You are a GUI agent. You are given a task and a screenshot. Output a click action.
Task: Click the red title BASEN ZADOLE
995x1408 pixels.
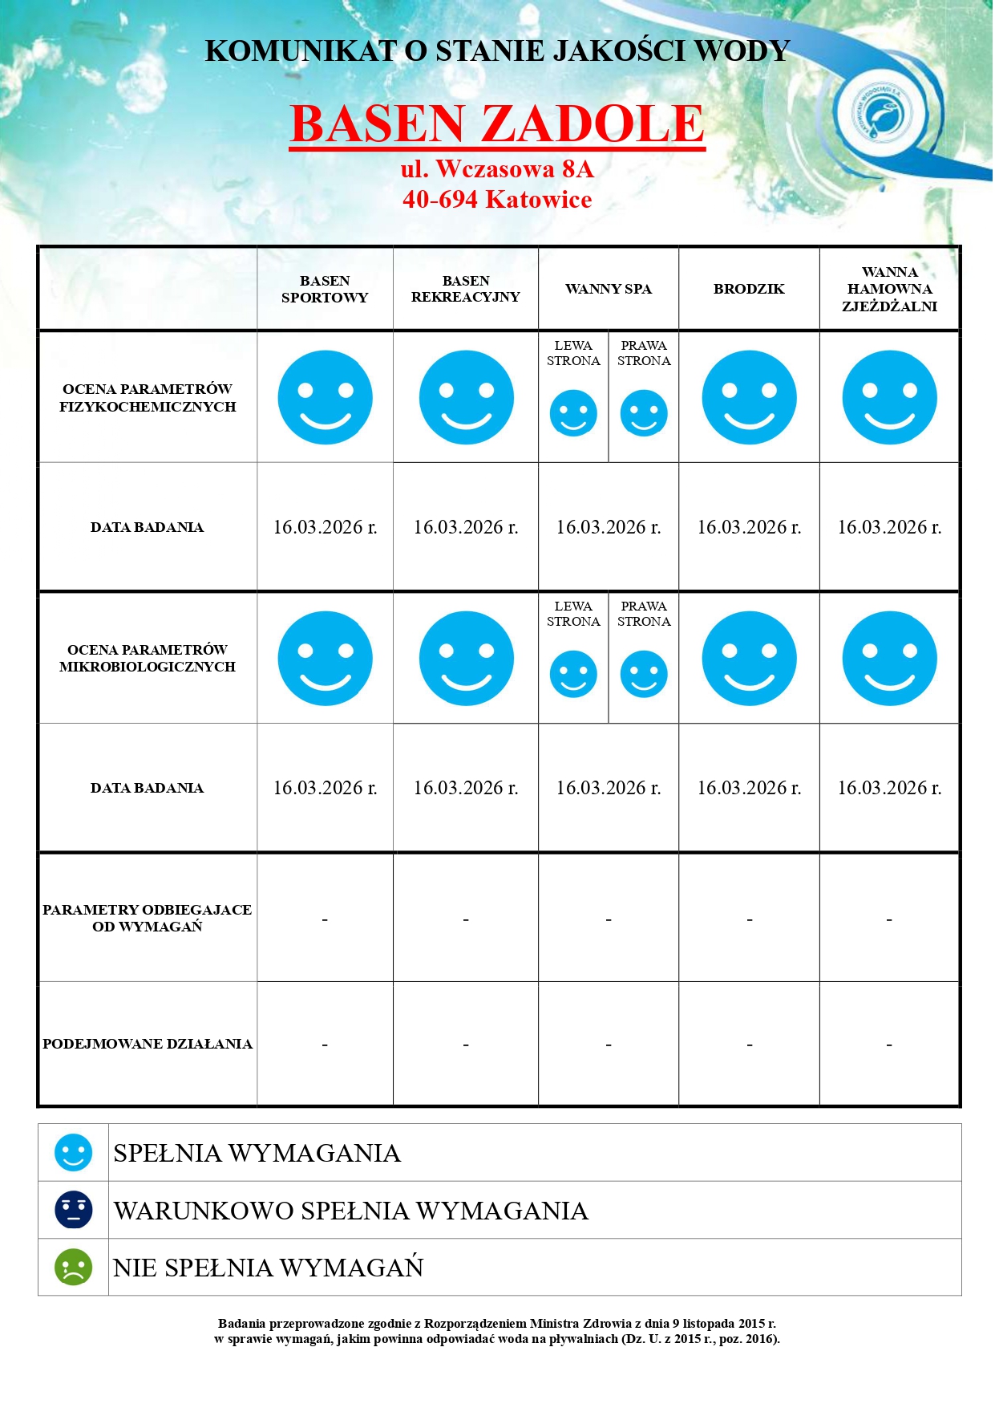[497, 124]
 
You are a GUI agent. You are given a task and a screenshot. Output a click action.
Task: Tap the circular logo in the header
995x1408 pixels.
[880, 115]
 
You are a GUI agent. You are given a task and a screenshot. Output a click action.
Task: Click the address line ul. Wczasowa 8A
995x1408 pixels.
[497, 169]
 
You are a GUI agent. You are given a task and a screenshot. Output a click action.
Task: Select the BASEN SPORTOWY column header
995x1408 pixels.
[325, 289]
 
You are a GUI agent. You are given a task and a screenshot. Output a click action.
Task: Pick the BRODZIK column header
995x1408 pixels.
[749, 289]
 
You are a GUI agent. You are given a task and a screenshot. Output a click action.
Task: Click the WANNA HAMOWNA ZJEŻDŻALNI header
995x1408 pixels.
[889, 289]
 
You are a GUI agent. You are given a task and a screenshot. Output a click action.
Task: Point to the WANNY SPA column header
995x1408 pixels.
[609, 289]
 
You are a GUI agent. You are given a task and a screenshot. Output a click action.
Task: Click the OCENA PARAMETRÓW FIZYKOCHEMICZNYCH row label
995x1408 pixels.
[148, 398]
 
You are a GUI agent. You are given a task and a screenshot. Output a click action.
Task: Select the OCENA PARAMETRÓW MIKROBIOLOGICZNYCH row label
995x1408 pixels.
[148, 658]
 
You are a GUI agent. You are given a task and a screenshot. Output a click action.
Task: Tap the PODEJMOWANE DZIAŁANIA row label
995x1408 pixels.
[148, 1044]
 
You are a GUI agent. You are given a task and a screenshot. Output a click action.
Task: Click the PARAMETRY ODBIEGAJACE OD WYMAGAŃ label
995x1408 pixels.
[148, 918]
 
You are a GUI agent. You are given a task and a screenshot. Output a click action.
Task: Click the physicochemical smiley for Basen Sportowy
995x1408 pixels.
[325, 397]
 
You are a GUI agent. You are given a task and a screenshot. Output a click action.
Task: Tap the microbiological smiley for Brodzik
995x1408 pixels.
[749, 659]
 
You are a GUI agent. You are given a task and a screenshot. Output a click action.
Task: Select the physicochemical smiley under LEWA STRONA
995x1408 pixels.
[573, 413]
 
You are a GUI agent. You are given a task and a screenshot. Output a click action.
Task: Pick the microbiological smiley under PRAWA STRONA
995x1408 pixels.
[644, 674]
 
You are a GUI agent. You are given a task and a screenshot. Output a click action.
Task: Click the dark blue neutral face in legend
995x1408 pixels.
[73, 1210]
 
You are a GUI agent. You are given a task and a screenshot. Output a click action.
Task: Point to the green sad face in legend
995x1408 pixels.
[73, 1268]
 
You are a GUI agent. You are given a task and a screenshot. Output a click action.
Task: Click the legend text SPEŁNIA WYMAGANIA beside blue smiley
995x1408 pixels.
[257, 1153]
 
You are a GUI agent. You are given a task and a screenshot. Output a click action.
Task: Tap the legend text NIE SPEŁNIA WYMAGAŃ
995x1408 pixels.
[268, 1268]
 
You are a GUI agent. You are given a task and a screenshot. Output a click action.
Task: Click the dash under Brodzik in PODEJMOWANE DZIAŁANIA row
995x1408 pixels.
[749, 1045]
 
